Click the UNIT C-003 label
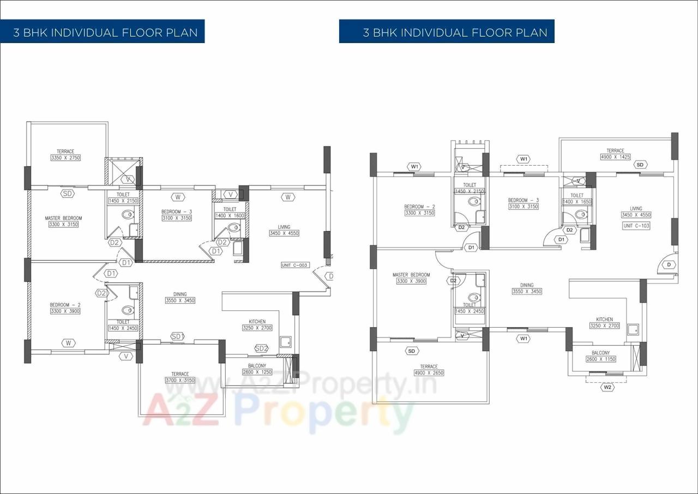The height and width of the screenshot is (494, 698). pyautogui.click(x=295, y=265)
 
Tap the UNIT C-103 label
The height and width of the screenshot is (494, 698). pyautogui.click(x=636, y=225)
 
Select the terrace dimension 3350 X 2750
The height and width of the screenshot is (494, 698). pyautogui.click(x=65, y=158)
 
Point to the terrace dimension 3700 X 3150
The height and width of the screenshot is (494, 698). pyautogui.click(x=180, y=380)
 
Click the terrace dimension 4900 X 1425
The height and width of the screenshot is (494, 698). pyautogui.click(x=615, y=156)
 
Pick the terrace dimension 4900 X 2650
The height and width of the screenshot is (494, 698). pyautogui.click(x=429, y=373)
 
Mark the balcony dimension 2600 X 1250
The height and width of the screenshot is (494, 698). pyautogui.click(x=257, y=372)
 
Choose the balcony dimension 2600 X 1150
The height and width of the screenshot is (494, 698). pyautogui.click(x=600, y=359)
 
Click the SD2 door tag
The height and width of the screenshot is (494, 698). pyautogui.click(x=261, y=348)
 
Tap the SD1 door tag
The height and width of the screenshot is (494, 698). pyautogui.click(x=177, y=336)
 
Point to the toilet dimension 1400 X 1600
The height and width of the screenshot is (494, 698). pyautogui.click(x=230, y=215)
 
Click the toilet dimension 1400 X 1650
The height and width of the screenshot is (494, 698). pyautogui.click(x=577, y=202)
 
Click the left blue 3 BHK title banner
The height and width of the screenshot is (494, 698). pyautogui.click(x=103, y=32)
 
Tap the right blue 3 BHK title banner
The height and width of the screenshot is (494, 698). pyautogui.click(x=447, y=32)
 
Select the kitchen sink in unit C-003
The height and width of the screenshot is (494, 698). pyautogui.click(x=285, y=342)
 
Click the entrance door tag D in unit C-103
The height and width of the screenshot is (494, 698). pyautogui.click(x=669, y=264)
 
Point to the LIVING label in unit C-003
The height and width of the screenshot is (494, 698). pyautogui.click(x=284, y=227)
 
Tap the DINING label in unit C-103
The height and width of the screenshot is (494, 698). pyautogui.click(x=526, y=285)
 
